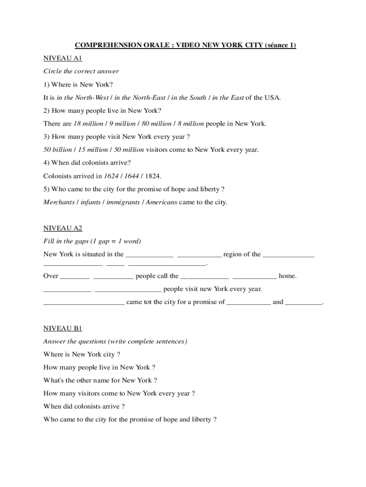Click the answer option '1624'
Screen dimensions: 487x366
(x=106, y=176)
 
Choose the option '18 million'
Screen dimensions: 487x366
(x=88, y=124)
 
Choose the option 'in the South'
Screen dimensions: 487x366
(x=189, y=97)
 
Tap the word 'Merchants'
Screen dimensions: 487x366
(x=59, y=202)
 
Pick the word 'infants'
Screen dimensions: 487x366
(x=90, y=202)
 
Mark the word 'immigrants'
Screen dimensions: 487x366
(x=123, y=202)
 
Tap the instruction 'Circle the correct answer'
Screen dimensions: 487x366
(x=81, y=71)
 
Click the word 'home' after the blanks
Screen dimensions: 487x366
(x=287, y=276)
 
